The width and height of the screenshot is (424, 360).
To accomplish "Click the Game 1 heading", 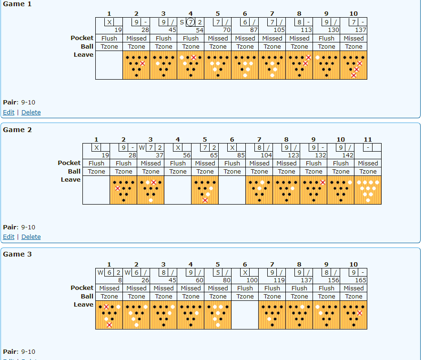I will (17, 4).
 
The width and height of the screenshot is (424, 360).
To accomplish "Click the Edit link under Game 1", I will (9, 113).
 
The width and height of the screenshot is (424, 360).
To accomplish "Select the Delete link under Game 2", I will (31, 237).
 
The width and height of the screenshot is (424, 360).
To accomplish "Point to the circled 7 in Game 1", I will (191, 22).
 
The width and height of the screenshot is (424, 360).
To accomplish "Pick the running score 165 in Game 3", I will (360, 280).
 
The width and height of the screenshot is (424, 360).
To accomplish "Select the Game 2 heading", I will (17, 130).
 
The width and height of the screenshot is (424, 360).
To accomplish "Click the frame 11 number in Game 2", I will (368, 140).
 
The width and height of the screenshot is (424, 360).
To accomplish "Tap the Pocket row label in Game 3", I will (82, 288).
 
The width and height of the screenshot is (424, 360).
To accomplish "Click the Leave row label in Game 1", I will (83, 55).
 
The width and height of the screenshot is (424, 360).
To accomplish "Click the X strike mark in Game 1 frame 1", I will (109, 22).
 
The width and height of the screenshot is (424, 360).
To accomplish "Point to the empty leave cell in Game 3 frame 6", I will (245, 315).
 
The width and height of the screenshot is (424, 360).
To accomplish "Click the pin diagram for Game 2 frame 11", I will (368, 190).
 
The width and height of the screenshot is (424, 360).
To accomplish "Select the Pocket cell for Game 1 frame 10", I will (353, 38).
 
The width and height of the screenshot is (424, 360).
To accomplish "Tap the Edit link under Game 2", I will (9, 237).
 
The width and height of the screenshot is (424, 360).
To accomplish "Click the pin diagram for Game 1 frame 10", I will (353, 65).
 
